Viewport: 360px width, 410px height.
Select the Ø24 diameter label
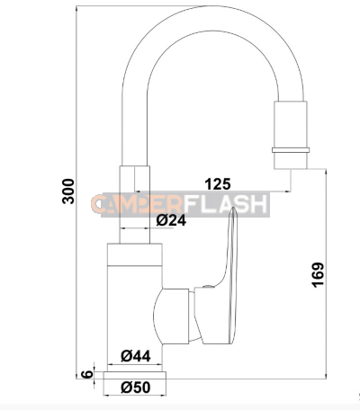[x=171, y=219]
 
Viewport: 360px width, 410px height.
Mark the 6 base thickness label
[x=86, y=371]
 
